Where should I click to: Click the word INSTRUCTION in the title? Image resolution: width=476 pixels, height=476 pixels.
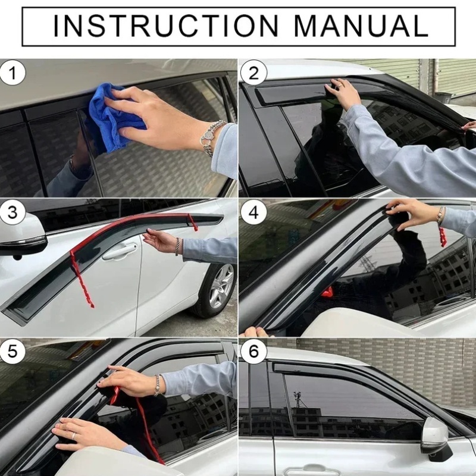(x=166, y=26)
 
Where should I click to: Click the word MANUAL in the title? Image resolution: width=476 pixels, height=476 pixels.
(x=361, y=26)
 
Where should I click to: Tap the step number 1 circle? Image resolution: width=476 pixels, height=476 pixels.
(x=12, y=73)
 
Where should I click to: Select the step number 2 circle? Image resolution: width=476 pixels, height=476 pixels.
(x=253, y=73)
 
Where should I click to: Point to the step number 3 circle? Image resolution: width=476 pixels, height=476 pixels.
(x=12, y=212)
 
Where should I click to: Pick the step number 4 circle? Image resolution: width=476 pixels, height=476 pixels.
(x=253, y=212)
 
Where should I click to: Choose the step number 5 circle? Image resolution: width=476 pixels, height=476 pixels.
(x=12, y=352)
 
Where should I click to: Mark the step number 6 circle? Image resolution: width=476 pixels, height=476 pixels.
(x=253, y=352)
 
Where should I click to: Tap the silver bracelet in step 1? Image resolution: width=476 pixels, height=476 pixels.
(x=213, y=137)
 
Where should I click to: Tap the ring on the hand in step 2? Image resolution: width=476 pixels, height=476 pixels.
(x=341, y=86)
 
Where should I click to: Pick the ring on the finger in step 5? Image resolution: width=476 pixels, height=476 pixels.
(x=73, y=436)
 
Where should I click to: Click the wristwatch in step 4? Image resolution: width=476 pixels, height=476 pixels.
(x=439, y=216)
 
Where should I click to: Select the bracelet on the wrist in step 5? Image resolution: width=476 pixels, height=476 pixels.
(x=157, y=385)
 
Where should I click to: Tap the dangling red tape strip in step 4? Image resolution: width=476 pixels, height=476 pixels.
(x=443, y=237)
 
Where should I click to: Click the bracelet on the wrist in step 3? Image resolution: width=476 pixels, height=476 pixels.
(x=177, y=246)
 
